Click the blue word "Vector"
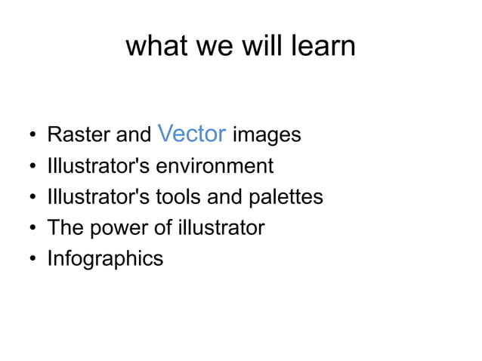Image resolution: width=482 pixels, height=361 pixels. coord(193,134)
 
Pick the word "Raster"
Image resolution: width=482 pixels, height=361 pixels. coord(79,136)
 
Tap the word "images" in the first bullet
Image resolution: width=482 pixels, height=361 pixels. coord(267,136)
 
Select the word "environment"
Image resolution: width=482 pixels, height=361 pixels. coord(214,165)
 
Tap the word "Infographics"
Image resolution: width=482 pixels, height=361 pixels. coord(105,258)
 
